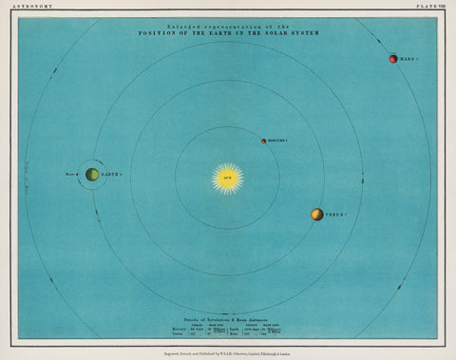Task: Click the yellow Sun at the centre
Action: click(228, 178)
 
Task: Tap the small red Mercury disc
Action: click(264, 142)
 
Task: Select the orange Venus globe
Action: click(316, 215)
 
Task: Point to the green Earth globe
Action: click(92, 175)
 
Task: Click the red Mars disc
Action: click(391, 60)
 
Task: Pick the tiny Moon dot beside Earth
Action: click(79, 175)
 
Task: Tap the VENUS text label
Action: click(338, 216)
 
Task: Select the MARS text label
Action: click(408, 60)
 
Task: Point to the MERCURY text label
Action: click(282, 142)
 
